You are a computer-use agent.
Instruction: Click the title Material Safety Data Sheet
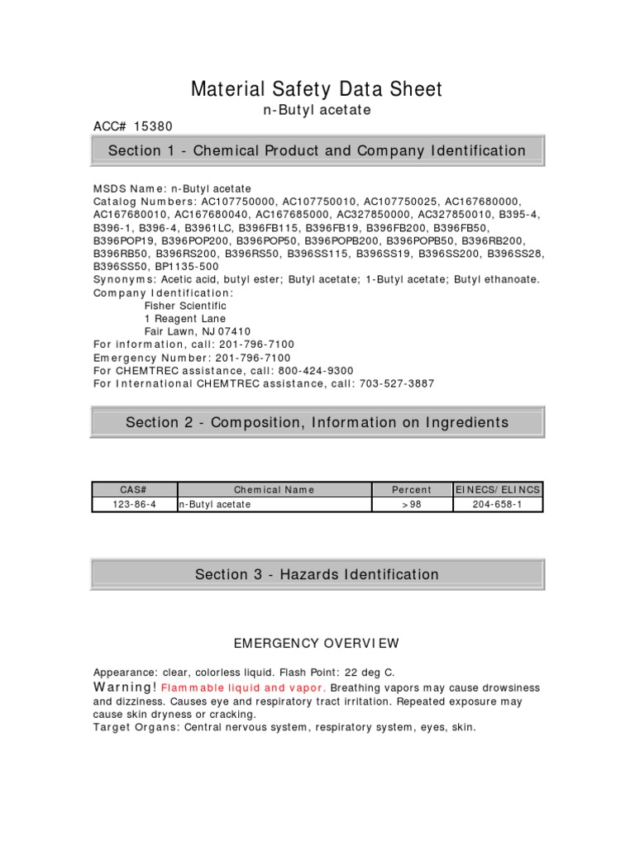(x=317, y=89)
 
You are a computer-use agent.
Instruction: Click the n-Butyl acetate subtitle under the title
(x=317, y=110)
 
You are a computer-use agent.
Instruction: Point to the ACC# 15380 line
(x=133, y=126)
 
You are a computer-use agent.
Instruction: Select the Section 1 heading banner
(x=317, y=150)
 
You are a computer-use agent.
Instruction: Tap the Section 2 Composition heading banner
(x=317, y=422)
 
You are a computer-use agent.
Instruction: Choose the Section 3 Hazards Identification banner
(x=317, y=574)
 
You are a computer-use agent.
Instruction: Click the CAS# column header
(x=133, y=489)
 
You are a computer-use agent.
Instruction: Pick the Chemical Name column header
(x=274, y=489)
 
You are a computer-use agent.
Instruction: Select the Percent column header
(x=412, y=489)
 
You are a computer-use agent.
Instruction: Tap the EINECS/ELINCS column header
(x=499, y=489)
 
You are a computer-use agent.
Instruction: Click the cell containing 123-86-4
(x=133, y=504)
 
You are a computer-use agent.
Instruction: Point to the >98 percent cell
(x=412, y=504)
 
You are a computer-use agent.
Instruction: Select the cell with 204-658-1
(x=499, y=504)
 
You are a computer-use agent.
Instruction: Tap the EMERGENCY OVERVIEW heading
(x=317, y=643)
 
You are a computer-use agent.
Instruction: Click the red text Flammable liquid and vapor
(x=244, y=687)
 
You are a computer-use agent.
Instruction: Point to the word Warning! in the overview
(x=125, y=687)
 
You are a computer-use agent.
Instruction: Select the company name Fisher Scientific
(x=185, y=306)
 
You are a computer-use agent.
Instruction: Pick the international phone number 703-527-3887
(x=394, y=383)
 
